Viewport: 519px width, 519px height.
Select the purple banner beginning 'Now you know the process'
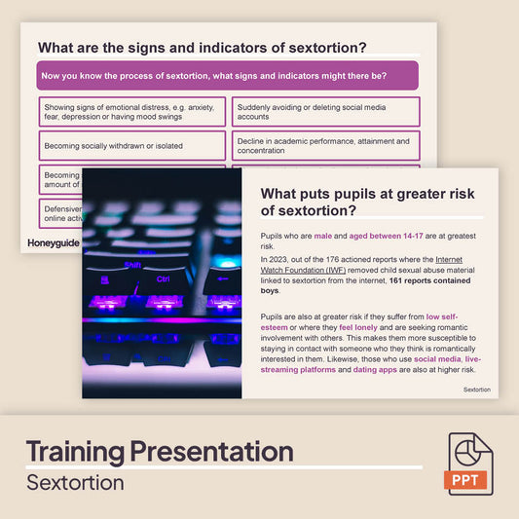pyautogui.click(x=227, y=76)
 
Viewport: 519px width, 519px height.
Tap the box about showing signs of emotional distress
pyautogui.click(x=131, y=111)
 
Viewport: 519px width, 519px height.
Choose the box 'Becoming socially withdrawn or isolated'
pyautogui.click(x=131, y=146)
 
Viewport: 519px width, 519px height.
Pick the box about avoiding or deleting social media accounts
pyautogui.click(x=325, y=111)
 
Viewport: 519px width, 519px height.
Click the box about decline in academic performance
pyautogui.click(x=325, y=146)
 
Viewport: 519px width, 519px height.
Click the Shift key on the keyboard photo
pyautogui.click(x=133, y=263)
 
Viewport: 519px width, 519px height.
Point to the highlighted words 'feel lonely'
pyautogui.click(x=359, y=328)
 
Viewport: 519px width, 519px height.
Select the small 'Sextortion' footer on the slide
pyautogui.click(x=476, y=389)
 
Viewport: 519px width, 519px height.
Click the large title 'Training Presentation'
pyautogui.click(x=159, y=452)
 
